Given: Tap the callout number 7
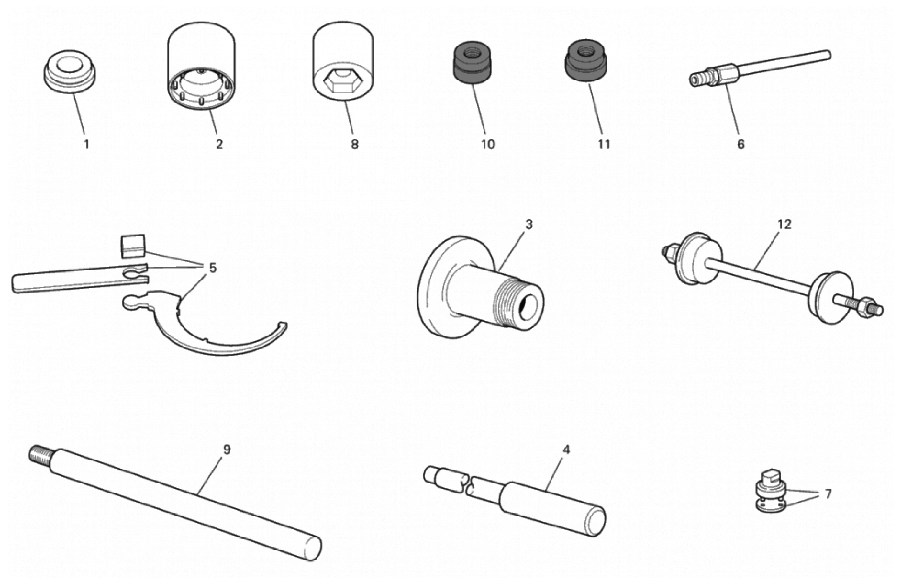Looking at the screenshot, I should [828, 494].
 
